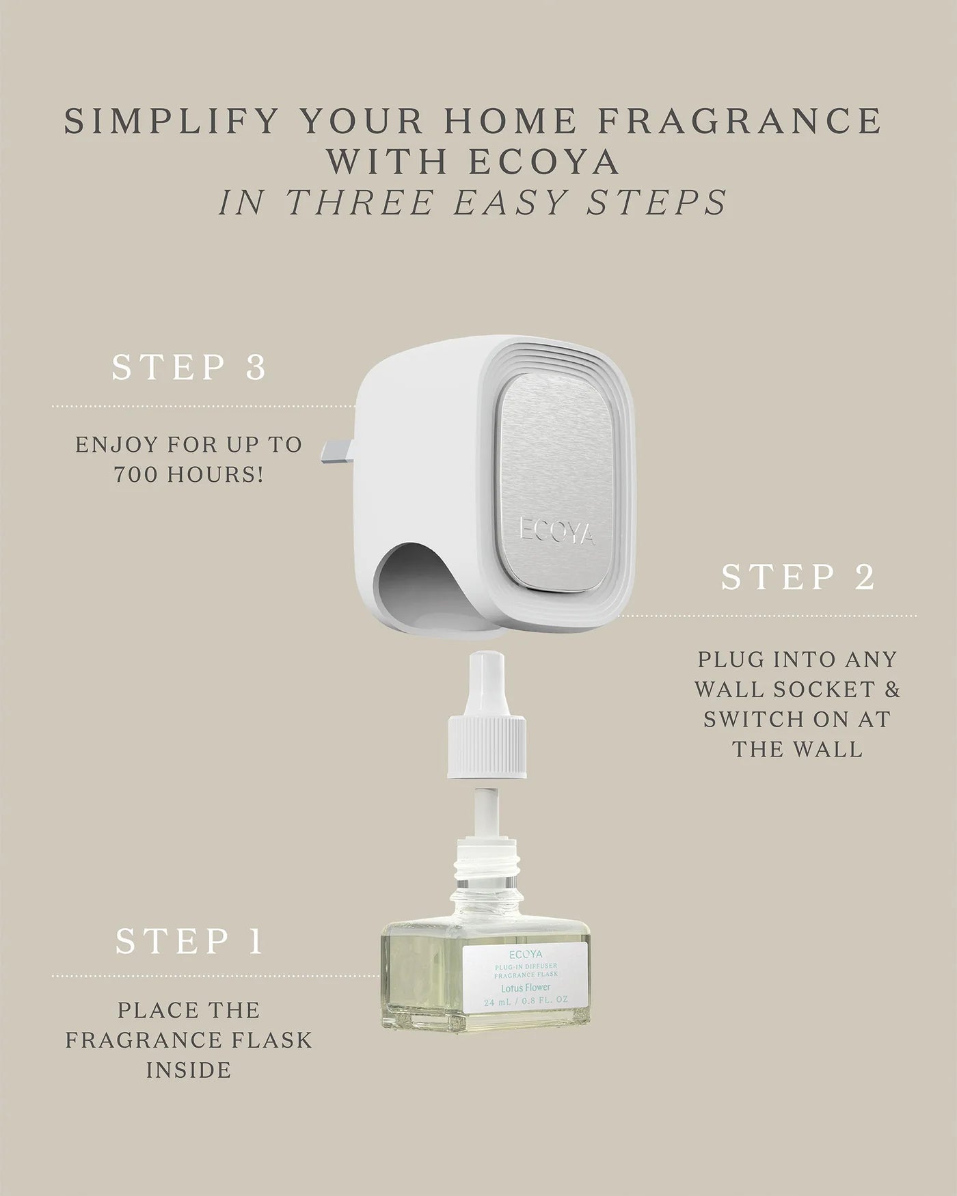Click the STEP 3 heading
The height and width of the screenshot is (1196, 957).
pos(189,368)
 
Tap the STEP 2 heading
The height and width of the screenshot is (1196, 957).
pos(798,577)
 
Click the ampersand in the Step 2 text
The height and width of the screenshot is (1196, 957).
pos(893,689)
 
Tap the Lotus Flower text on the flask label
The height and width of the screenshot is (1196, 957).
pos(526,988)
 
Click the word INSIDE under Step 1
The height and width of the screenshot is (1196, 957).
pos(189,1070)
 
